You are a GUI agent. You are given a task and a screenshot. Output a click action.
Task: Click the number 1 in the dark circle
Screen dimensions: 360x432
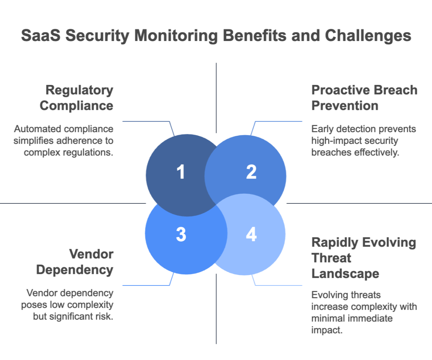tap(181, 172)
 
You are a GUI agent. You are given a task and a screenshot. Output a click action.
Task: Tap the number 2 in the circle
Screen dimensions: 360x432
tap(251, 172)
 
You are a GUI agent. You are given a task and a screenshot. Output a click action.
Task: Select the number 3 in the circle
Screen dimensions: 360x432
tap(181, 234)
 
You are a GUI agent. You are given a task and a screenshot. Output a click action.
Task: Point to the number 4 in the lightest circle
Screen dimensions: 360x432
tap(251, 234)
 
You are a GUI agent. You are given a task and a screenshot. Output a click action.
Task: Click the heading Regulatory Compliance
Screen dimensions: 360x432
tap(77, 98)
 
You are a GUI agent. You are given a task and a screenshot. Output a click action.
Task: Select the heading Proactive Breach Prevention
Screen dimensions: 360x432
tap(364, 98)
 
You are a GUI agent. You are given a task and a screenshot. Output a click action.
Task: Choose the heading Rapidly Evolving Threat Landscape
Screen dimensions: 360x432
tap(363, 258)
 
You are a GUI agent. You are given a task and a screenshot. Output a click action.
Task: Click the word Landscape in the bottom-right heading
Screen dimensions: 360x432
tap(345, 274)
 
